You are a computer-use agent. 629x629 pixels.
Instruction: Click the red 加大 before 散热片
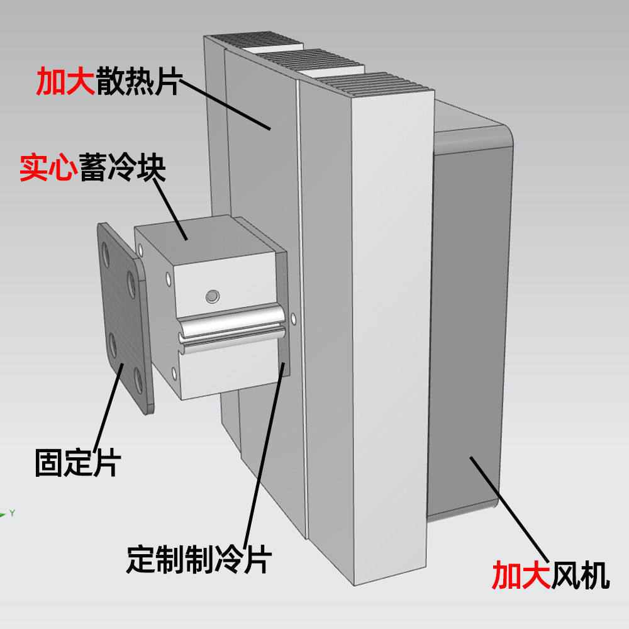pyautogui.click(x=65, y=81)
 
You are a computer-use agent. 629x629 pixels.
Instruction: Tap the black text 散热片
pyautogui.click(x=138, y=81)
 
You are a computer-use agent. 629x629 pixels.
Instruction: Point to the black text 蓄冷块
pyautogui.click(x=123, y=168)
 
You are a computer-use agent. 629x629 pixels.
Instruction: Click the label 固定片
pyautogui.click(x=77, y=462)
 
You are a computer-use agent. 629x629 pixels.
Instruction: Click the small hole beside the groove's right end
pyautogui.click(x=294, y=317)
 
